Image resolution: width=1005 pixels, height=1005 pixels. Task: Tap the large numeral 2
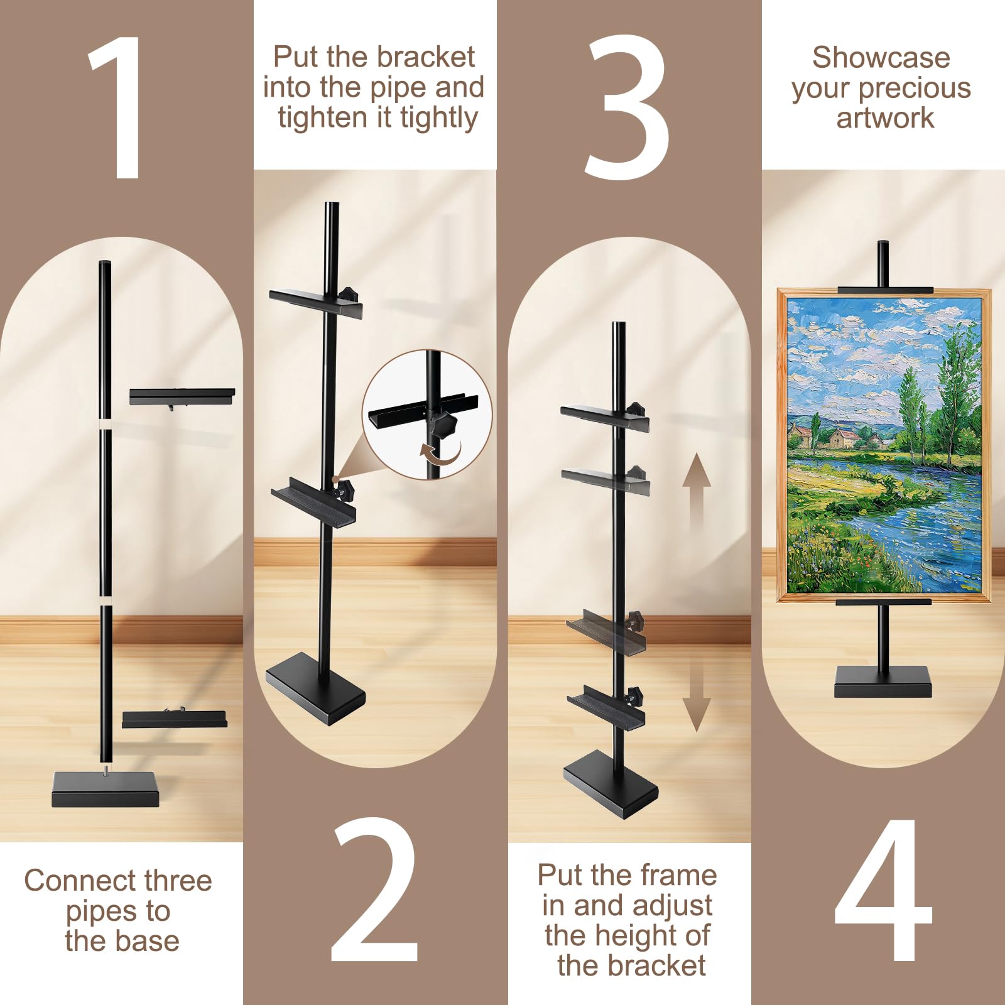click(375, 890)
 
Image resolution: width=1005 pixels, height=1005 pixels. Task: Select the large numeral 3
click(626, 107)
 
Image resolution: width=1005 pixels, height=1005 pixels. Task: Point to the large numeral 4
click(883, 890)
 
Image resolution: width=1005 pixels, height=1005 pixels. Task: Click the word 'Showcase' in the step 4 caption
click(881, 58)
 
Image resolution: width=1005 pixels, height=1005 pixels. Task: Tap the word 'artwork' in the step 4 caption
click(885, 118)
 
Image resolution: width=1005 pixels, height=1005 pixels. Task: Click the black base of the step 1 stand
click(106, 790)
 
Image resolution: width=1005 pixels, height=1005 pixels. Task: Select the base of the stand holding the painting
click(883, 682)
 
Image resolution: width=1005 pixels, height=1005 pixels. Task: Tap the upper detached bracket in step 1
click(182, 397)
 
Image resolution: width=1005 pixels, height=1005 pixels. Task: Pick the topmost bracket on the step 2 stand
click(316, 302)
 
